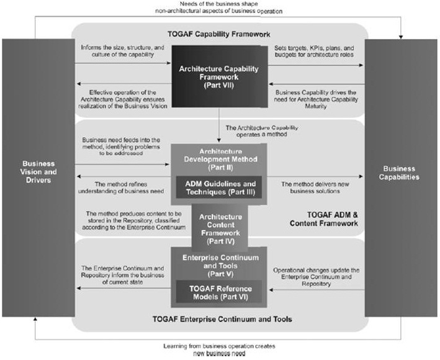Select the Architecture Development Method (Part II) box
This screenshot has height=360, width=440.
(218, 159)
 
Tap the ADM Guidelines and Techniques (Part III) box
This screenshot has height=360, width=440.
(218, 186)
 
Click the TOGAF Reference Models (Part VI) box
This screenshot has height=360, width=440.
(218, 291)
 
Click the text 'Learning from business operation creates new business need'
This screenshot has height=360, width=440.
(219, 349)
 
